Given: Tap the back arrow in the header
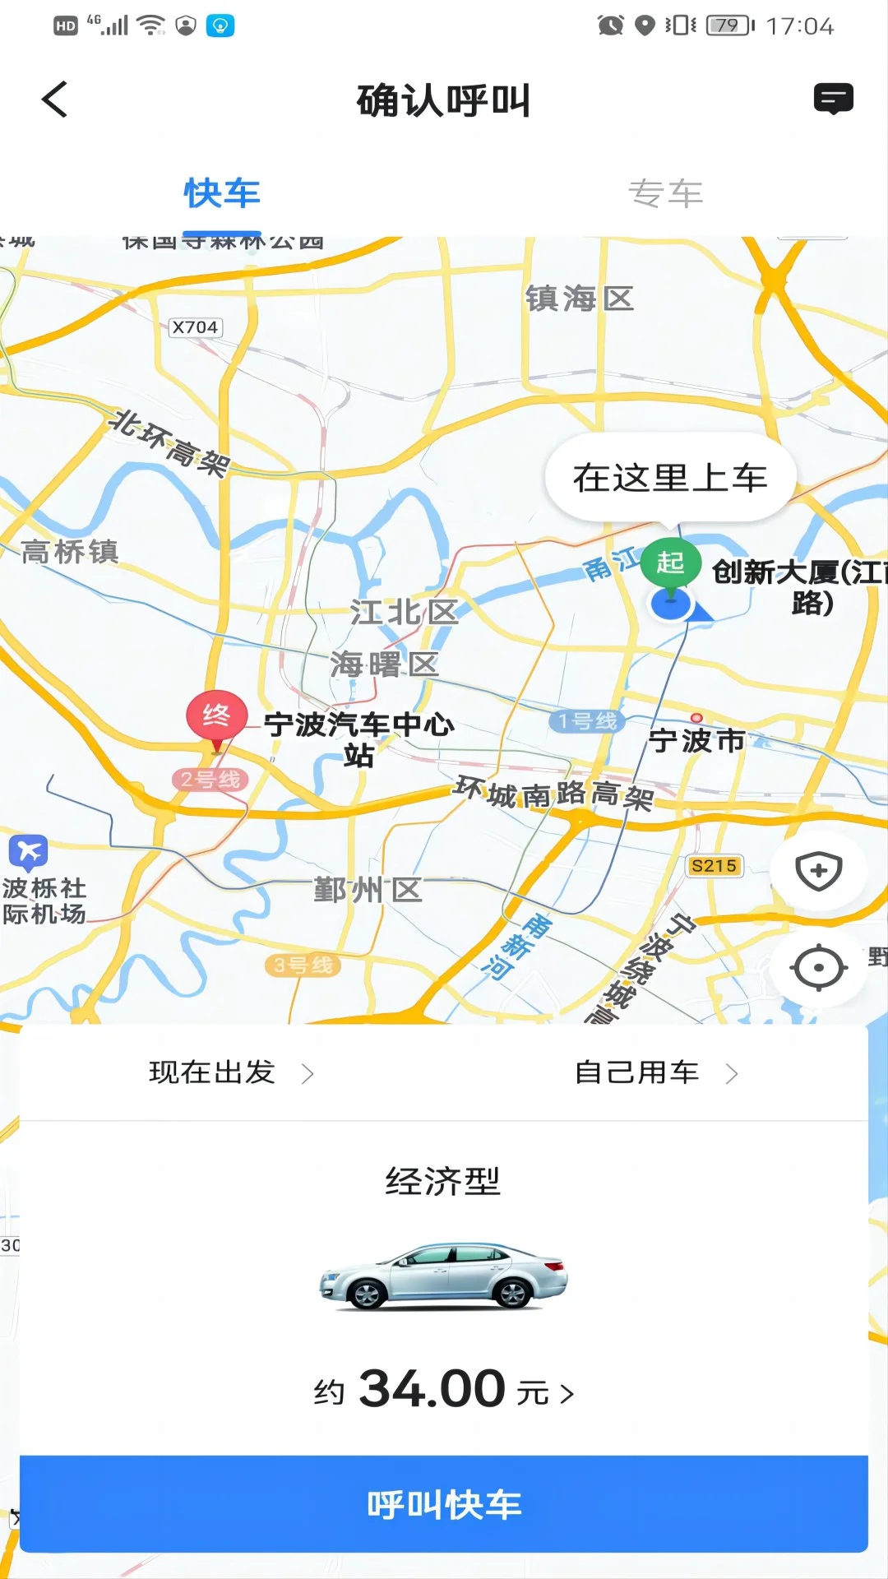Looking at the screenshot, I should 55,100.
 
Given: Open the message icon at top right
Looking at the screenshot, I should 833,99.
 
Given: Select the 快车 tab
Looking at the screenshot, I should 222,194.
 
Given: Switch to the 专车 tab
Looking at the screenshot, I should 665,194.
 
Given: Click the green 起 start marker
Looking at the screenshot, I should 670,564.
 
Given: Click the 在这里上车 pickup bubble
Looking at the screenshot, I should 670,478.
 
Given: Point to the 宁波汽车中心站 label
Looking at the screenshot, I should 359,739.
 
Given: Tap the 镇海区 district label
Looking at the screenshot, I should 580,299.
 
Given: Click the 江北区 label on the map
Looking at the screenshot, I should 404,612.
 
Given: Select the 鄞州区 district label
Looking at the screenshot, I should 368,890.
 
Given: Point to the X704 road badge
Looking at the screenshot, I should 195,327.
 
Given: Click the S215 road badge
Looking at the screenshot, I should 714,866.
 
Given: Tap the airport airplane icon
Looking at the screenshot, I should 28,852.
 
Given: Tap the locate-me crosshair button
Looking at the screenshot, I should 818,968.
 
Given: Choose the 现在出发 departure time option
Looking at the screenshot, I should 231,1072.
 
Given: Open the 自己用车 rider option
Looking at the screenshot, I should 655,1072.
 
